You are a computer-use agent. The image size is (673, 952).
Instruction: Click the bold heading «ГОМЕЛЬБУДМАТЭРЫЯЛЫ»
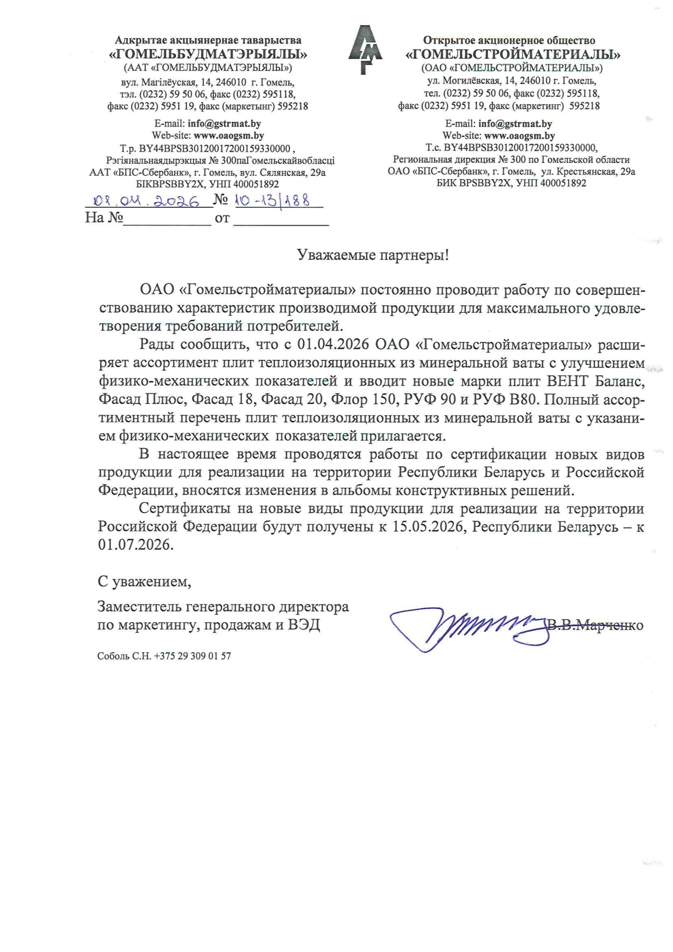click(x=208, y=54)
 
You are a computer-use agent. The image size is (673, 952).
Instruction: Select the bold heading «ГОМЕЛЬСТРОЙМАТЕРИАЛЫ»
click(x=512, y=54)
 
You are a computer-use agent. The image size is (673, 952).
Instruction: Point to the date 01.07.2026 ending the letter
click(x=135, y=544)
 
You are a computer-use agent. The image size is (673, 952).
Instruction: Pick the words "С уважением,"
click(x=144, y=582)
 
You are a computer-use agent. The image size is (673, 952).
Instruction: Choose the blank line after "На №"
click(x=167, y=219)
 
